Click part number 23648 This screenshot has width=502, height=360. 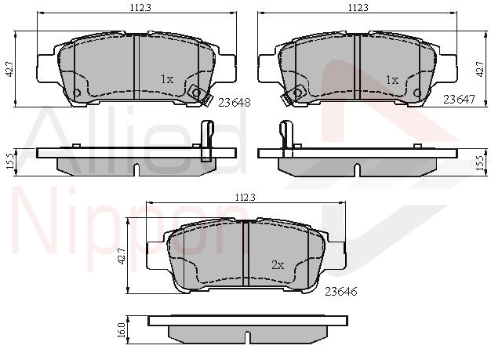[234, 103]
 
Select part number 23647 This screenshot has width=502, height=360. [459, 100]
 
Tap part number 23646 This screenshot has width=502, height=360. [340, 292]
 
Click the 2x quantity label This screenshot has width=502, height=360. [278, 265]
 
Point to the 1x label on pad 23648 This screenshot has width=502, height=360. [167, 79]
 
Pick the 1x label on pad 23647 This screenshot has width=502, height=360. [392, 80]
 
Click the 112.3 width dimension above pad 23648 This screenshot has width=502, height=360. [140, 7]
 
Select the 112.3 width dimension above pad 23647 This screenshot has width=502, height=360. [358, 7]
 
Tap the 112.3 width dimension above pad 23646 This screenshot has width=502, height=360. [246, 198]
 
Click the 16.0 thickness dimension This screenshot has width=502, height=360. [122, 330]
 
